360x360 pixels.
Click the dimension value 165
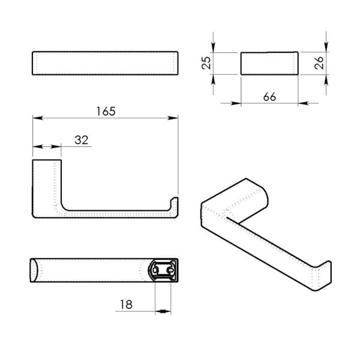click(x=105, y=112)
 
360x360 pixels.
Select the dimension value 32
click(x=82, y=140)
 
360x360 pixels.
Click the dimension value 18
click(x=125, y=305)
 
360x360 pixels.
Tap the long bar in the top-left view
click(x=105, y=63)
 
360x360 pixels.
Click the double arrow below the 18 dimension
click(x=163, y=311)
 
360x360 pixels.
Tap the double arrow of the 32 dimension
click(x=47, y=146)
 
